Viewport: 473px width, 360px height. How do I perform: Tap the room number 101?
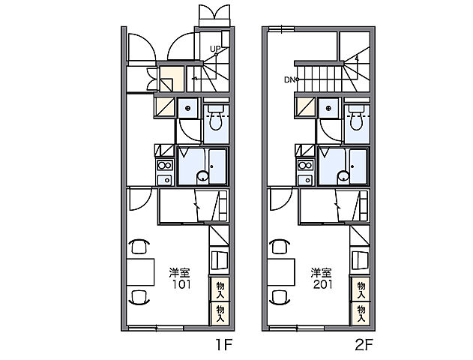[181, 284]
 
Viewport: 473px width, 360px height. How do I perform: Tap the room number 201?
[323, 284]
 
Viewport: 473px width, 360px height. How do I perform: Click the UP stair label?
[215, 49]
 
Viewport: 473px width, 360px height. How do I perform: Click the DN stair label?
[289, 80]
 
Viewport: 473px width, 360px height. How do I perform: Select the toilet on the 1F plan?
[216, 118]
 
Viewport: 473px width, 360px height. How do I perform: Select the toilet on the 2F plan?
[357, 118]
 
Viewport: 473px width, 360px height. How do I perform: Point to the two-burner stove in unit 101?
[165, 165]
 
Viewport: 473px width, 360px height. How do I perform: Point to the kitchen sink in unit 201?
[306, 180]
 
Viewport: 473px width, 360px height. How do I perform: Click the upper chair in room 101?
[139, 247]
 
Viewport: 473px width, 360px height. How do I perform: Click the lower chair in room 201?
[280, 297]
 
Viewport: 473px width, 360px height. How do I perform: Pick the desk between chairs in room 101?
[140, 272]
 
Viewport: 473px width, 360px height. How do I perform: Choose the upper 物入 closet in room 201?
[361, 289]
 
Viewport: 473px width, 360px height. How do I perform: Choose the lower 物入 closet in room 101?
[220, 313]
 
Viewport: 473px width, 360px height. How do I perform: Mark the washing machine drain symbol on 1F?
[188, 108]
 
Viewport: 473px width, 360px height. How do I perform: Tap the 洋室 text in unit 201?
[322, 272]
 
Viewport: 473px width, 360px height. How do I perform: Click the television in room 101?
[220, 259]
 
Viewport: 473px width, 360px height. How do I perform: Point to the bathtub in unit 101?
[217, 166]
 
